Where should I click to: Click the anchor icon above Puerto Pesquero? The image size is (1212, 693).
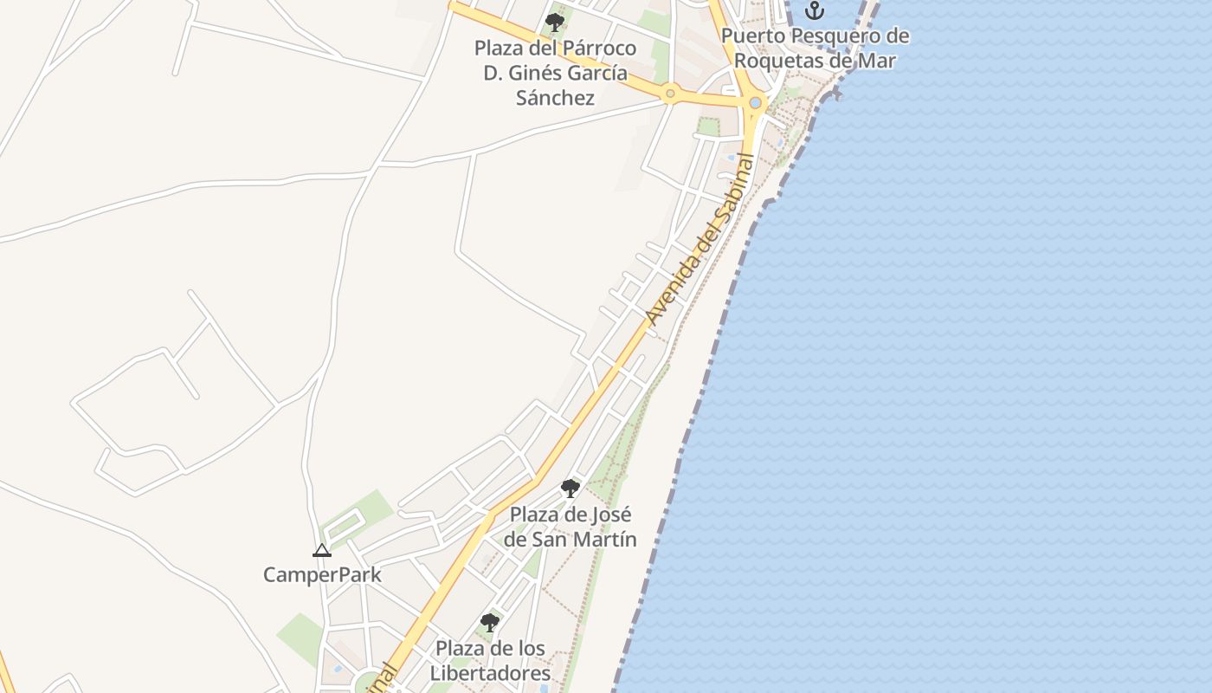point(814,10)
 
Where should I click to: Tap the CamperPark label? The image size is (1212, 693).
point(322,574)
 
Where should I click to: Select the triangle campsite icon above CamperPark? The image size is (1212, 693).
point(322,550)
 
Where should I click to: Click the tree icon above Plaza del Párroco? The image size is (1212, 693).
point(555,22)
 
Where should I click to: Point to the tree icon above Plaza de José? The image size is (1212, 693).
point(570,489)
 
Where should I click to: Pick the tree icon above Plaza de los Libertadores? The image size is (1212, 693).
point(490,622)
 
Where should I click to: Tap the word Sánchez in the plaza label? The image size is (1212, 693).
point(555,97)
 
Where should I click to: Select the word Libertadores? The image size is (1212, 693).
point(490,673)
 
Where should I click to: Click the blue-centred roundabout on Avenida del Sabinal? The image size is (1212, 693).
point(756,103)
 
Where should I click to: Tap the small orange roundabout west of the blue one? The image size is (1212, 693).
point(669,93)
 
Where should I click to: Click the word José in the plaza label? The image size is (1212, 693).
point(611,515)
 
